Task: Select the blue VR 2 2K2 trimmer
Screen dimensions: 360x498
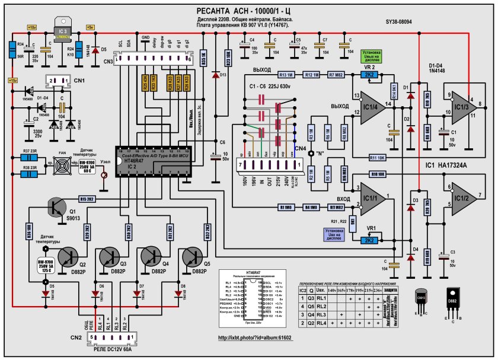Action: [x=369, y=75]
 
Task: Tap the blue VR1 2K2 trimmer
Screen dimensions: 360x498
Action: [x=369, y=241]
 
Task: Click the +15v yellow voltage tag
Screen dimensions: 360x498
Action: [x=13, y=80]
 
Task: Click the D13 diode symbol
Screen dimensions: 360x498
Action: [x=215, y=75]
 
